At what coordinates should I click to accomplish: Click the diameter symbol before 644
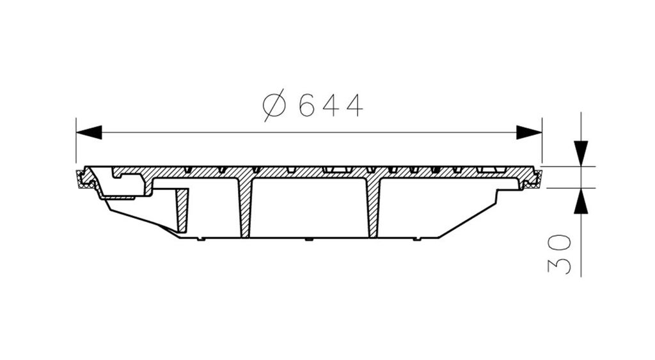[x=274, y=106]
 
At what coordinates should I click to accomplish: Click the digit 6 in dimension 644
[x=306, y=106]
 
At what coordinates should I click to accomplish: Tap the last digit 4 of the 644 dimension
[x=354, y=106]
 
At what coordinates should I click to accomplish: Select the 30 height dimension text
[x=559, y=254]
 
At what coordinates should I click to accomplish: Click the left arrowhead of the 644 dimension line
[x=88, y=132]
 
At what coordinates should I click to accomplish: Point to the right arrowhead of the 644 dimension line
[x=529, y=132]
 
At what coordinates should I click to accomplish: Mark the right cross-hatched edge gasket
[x=534, y=180]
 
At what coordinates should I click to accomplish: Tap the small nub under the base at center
[x=309, y=240]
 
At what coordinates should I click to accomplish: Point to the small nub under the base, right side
[x=417, y=240]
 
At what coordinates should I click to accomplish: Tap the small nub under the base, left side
[x=201, y=240]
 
